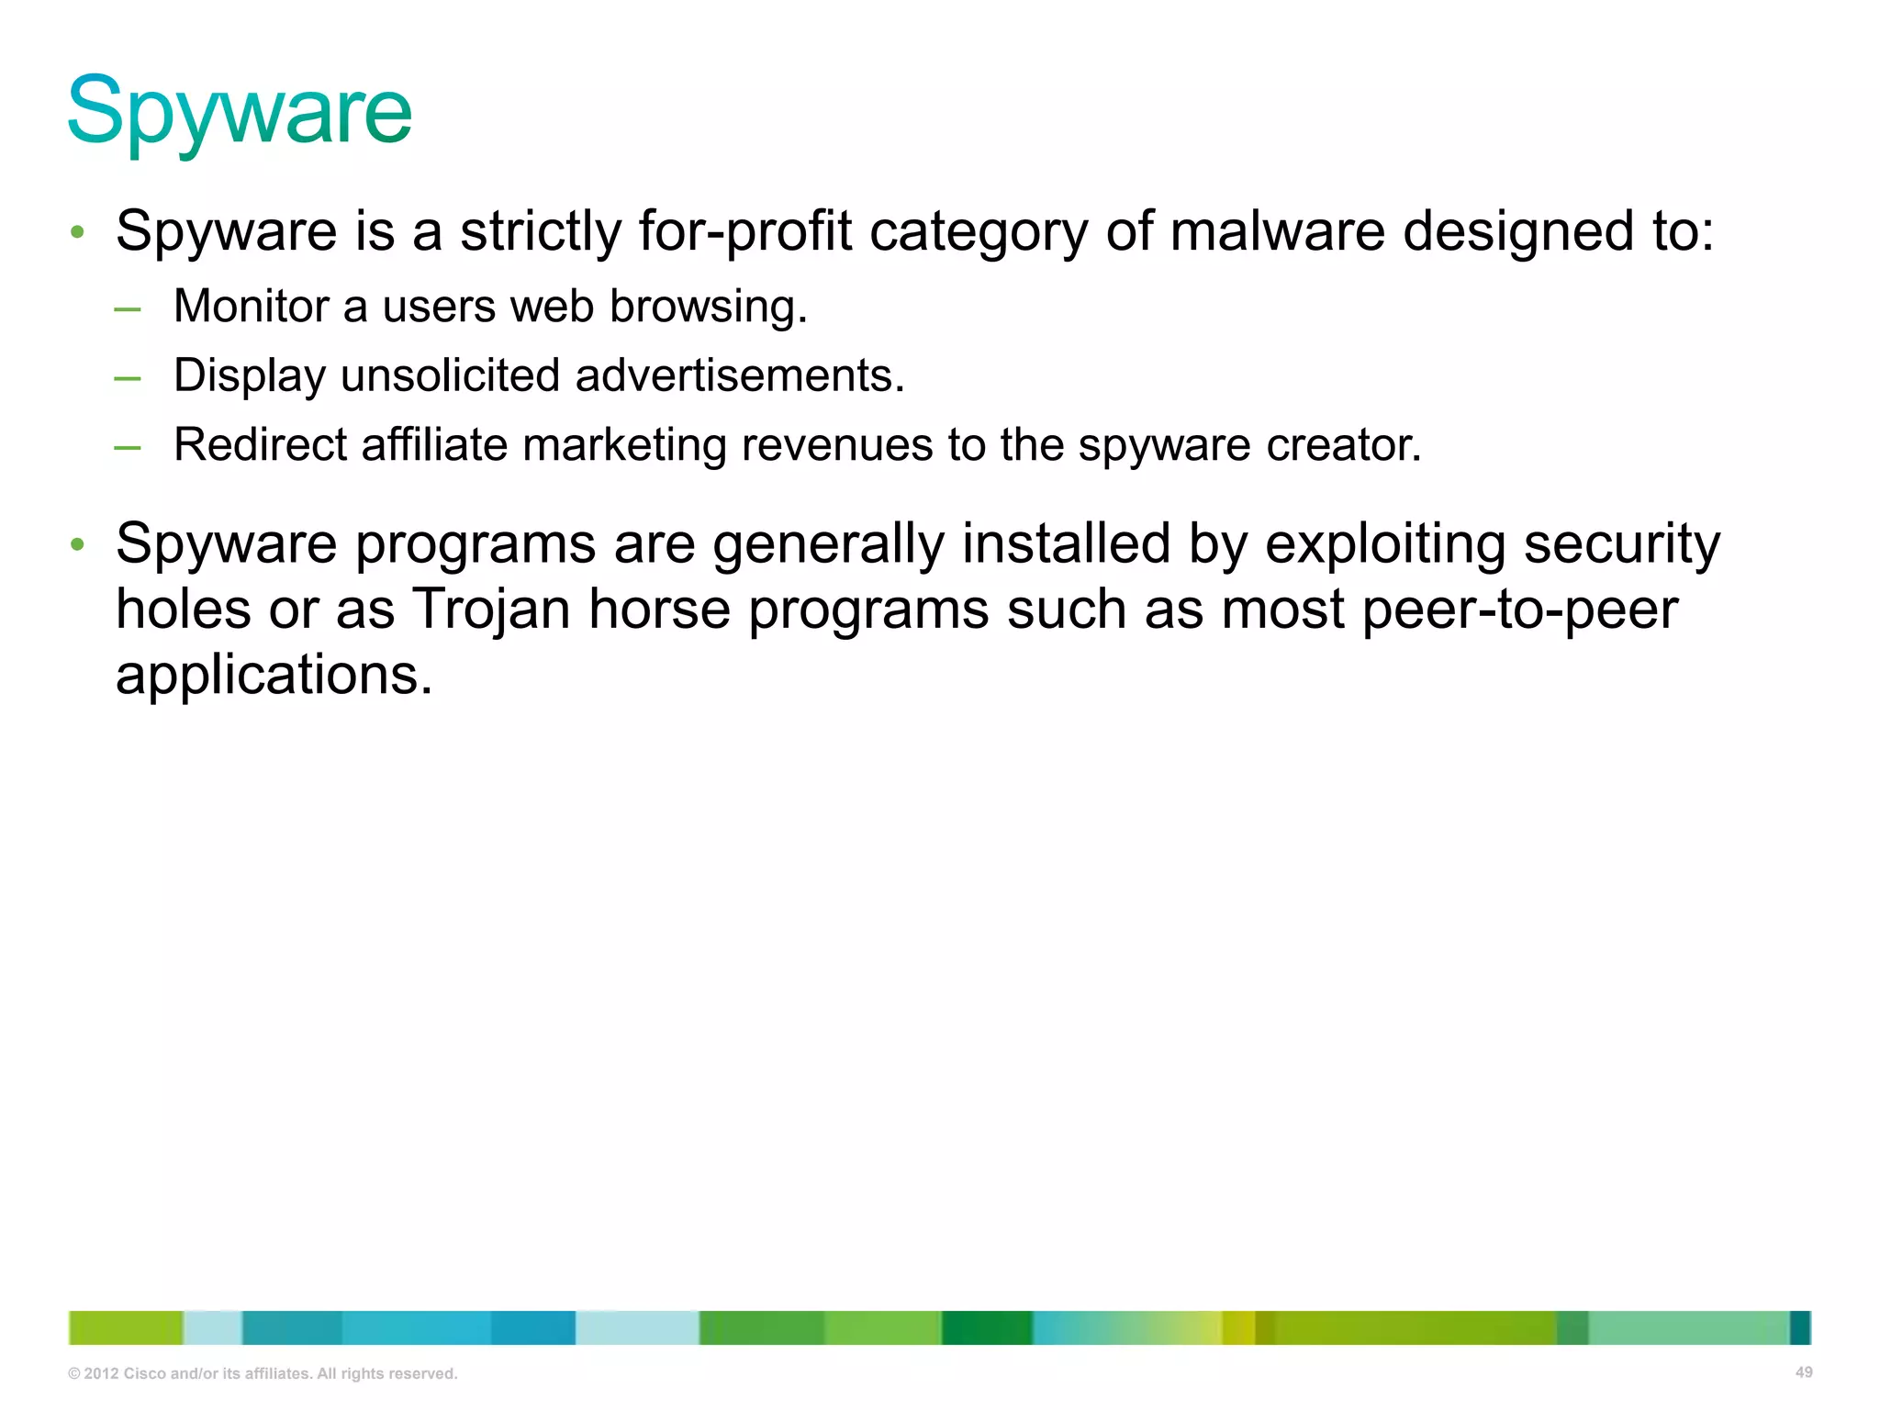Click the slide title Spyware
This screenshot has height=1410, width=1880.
point(240,112)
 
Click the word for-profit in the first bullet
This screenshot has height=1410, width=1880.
point(744,230)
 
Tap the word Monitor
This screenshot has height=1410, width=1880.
point(251,306)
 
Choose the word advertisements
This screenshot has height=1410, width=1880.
point(740,375)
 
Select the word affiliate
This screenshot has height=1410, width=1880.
point(434,445)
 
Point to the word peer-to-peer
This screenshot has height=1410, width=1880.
point(1519,610)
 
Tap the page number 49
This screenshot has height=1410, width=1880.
point(1803,1372)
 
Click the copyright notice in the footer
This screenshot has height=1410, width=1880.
point(263,1373)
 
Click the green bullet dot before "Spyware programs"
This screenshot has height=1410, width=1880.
point(78,544)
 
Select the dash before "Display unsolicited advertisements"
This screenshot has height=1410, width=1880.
point(128,377)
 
